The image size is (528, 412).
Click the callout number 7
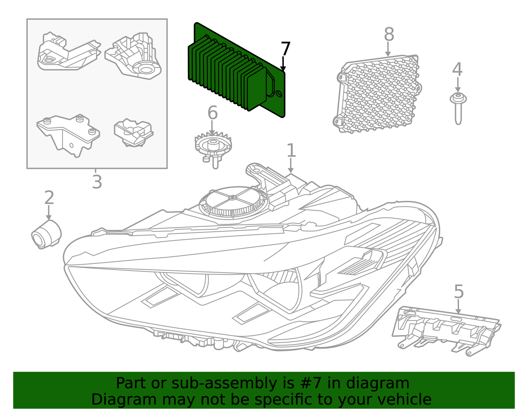pyautogui.click(x=285, y=49)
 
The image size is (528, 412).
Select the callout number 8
pyautogui.click(x=389, y=34)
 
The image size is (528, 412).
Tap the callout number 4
pyautogui.click(x=457, y=69)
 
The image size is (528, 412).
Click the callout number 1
pyautogui.click(x=291, y=150)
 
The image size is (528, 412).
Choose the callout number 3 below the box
pyautogui.click(x=97, y=181)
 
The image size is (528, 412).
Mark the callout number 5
pyautogui.click(x=459, y=292)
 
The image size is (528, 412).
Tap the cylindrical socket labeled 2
pyautogui.click(x=46, y=235)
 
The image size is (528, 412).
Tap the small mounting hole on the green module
pyautogui.click(x=279, y=94)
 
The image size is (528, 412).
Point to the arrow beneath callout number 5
pyautogui.click(x=458, y=307)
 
